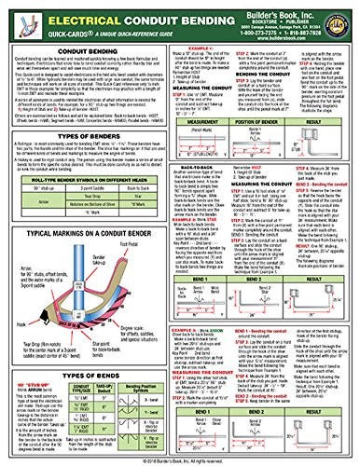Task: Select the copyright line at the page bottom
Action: click(180, 459)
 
